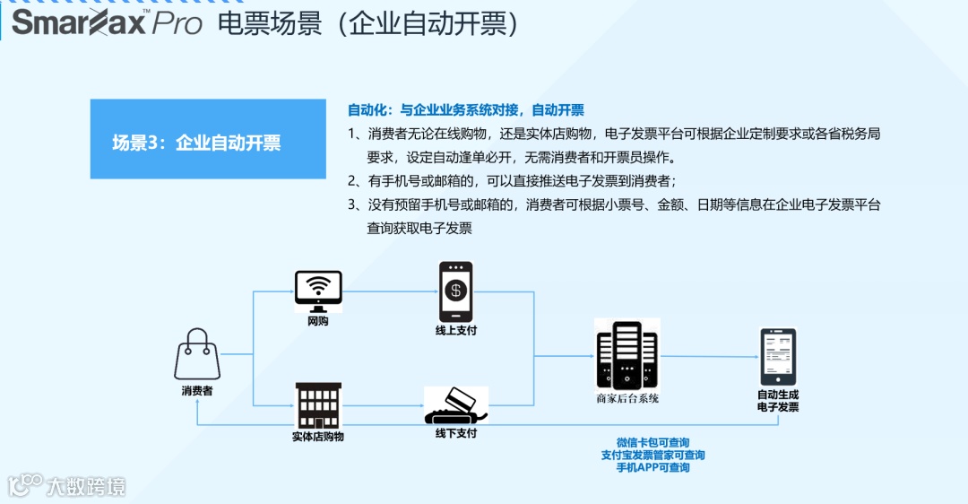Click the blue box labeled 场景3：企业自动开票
[x=208, y=139]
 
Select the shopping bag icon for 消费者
[x=197, y=354]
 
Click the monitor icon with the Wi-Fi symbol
[x=318, y=291]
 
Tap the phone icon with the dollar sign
[x=455, y=291]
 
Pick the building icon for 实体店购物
[x=318, y=405]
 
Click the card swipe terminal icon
[x=455, y=406]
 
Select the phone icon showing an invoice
[x=778, y=357]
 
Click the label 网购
[x=318, y=321]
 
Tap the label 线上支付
[x=455, y=331]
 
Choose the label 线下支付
[x=455, y=434]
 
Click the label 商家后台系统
[x=627, y=398]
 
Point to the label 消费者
[x=197, y=391]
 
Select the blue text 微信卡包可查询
[x=653, y=443]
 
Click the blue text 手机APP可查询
[x=653, y=468]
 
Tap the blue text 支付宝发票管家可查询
[x=653, y=456]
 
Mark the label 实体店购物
[x=318, y=437]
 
